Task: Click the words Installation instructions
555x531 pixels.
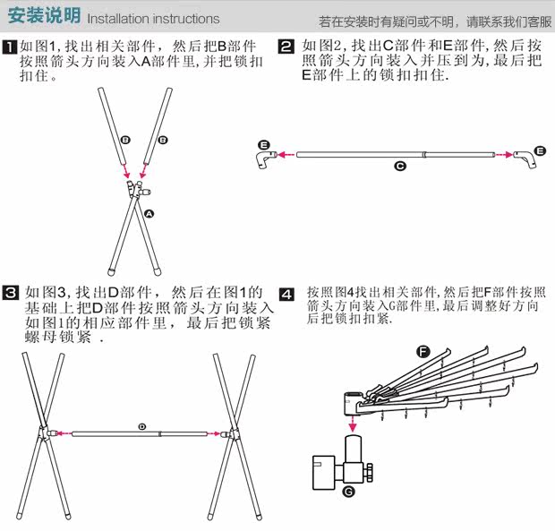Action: pyautogui.click(x=153, y=19)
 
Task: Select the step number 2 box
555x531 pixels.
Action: pyautogui.click(x=286, y=46)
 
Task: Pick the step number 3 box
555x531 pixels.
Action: pyautogui.click(x=10, y=293)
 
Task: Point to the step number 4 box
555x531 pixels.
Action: pyautogui.click(x=286, y=294)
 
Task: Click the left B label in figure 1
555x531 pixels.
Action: pyautogui.click(x=125, y=141)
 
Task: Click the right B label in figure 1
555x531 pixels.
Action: pyautogui.click(x=163, y=141)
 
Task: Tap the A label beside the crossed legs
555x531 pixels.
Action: pyautogui.click(x=149, y=214)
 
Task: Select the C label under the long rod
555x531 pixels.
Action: pyautogui.click(x=400, y=166)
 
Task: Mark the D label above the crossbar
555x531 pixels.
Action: pyautogui.click(x=141, y=426)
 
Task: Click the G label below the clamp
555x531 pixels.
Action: pyautogui.click(x=348, y=491)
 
